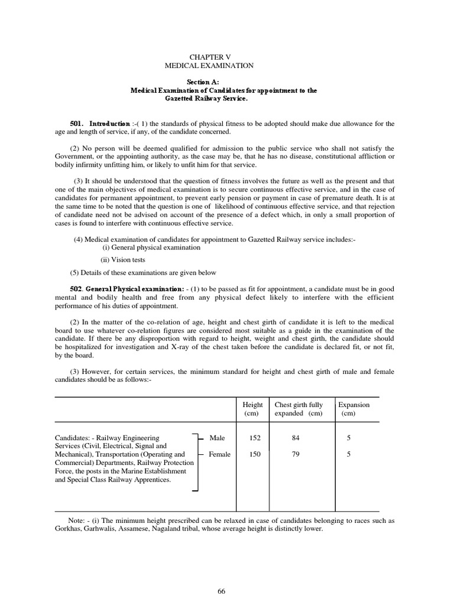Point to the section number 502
pos(77,288)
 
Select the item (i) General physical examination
pos(151,248)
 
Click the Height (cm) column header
pos(252,409)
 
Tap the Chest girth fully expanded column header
pos(299,409)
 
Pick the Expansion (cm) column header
pos(354,409)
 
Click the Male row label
pos(217,438)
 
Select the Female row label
pos(219,454)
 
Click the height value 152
pos(254,438)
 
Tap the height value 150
pos(254,454)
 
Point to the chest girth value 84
pos(296,438)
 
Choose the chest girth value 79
pos(296,454)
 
